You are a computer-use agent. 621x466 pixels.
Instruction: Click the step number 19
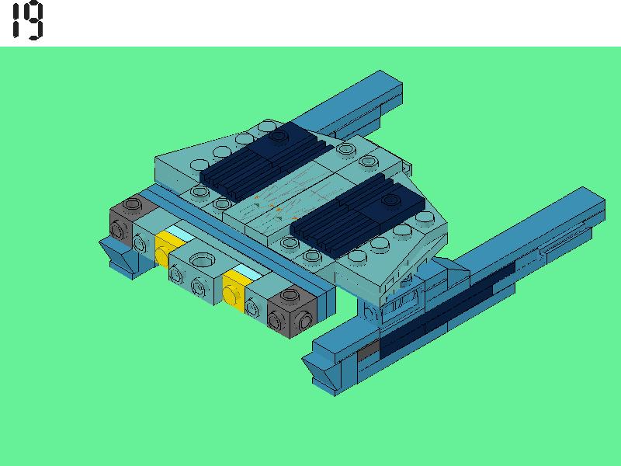27,20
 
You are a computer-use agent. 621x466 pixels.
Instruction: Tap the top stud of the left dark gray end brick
132,204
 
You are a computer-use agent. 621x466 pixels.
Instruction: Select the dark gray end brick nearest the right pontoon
292,311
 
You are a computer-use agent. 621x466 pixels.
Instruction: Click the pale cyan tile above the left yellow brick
180,233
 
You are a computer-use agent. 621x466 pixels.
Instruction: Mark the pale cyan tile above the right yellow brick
247,273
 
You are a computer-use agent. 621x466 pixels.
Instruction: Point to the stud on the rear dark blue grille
279,136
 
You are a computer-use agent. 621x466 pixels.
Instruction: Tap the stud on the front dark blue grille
391,200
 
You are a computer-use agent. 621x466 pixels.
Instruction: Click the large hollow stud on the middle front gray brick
202,260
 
